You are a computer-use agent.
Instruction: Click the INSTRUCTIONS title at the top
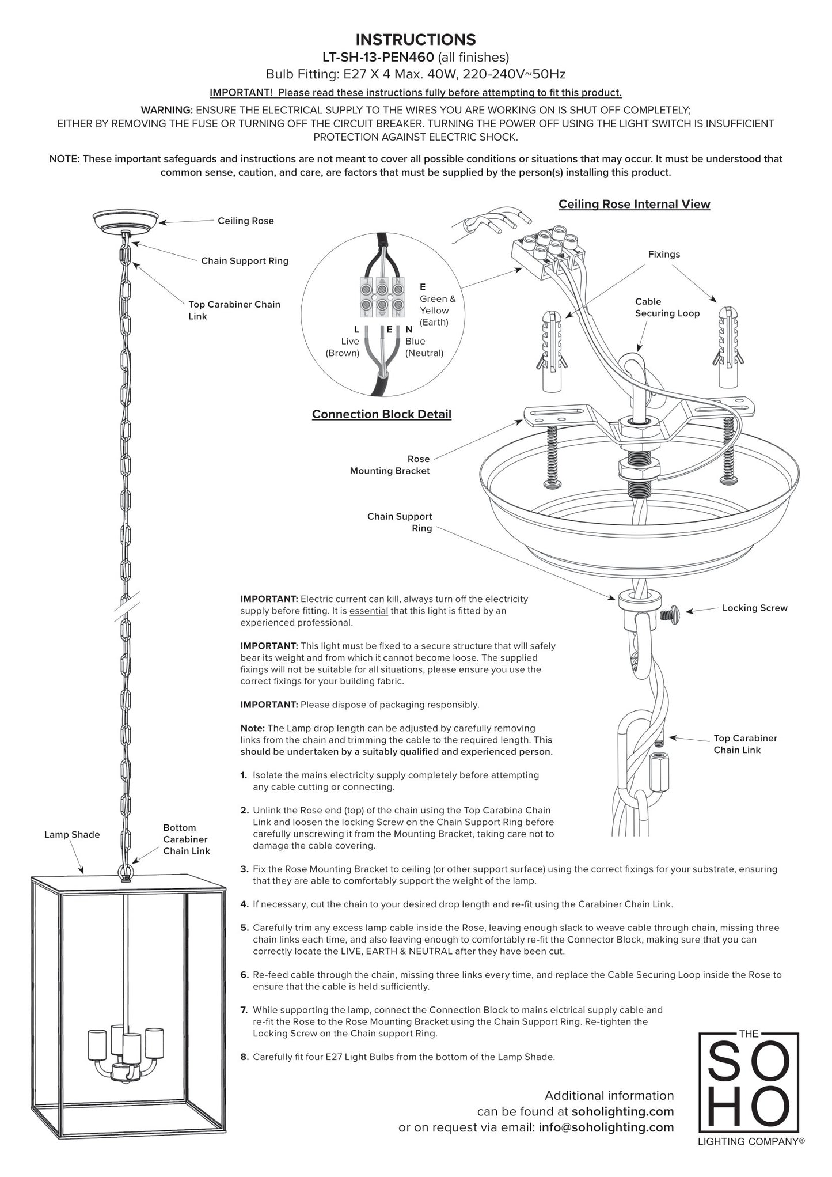[x=416, y=40]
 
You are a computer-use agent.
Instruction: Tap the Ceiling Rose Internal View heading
[x=634, y=204]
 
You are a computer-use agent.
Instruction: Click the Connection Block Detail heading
[x=381, y=414]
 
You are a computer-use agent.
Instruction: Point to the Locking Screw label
[x=754, y=608]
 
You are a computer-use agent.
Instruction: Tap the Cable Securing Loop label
[x=667, y=308]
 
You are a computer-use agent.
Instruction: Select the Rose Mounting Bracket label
[x=390, y=465]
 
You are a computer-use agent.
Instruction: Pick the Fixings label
[x=664, y=254]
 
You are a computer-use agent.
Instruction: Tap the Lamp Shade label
[x=72, y=834]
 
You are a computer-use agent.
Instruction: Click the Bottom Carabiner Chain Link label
[x=186, y=839]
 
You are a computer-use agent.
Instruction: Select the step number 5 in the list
[x=245, y=928]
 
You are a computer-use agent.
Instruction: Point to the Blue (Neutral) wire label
[x=424, y=347]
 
